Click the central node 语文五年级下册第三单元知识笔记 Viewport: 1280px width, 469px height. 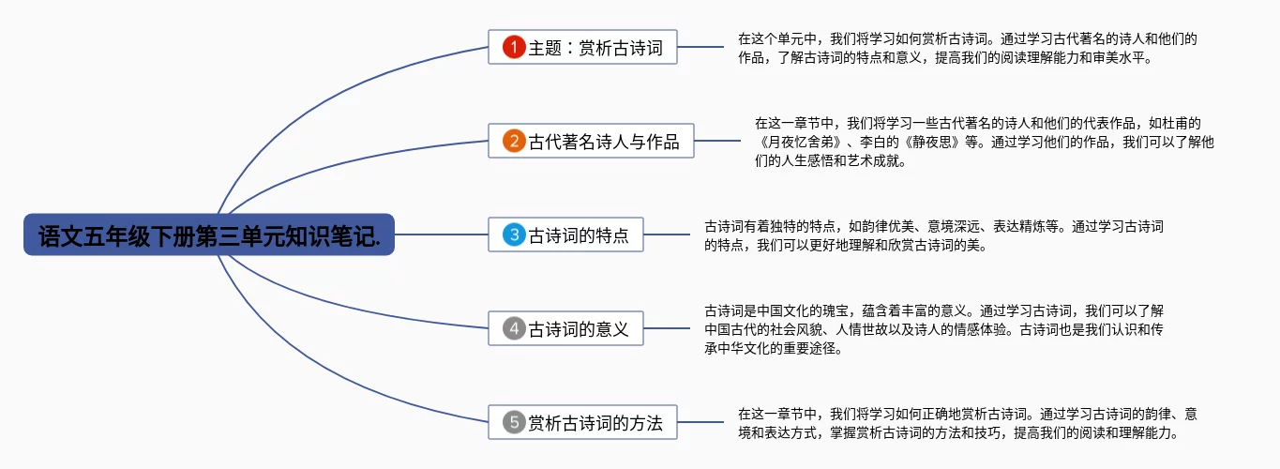point(208,234)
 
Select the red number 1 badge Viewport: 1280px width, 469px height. point(513,47)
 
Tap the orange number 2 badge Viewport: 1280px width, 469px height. point(513,141)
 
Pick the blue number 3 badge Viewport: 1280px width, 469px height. point(513,234)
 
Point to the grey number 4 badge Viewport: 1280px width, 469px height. point(513,328)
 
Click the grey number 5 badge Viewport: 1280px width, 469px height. point(513,422)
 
